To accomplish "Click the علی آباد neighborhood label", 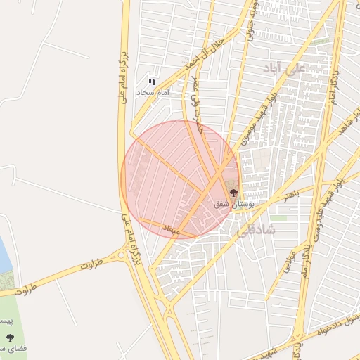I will (282, 67).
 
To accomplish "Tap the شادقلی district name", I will (258, 229).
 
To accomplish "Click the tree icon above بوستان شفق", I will (233, 191).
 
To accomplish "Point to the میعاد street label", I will (172, 229).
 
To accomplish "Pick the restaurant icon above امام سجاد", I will (152, 82).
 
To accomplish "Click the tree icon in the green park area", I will (9, 337).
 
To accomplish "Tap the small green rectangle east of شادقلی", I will (279, 218).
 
